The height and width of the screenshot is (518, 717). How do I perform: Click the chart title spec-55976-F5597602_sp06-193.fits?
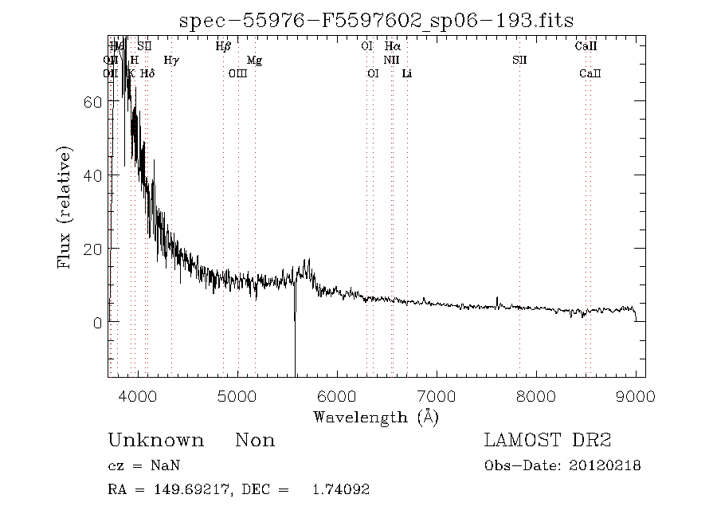pyautogui.click(x=377, y=21)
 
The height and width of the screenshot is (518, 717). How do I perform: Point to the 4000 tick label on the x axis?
pyautogui.click(x=138, y=395)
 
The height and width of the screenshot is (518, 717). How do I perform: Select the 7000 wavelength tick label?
pyautogui.click(x=437, y=395)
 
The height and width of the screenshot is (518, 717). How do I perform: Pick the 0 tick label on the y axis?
pyautogui.click(x=98, y=323)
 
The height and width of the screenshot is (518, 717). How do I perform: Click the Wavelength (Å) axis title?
pyautogui.click(x=376, y=417)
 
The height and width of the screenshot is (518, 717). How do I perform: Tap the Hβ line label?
pyautogui.click(x=223, y=46)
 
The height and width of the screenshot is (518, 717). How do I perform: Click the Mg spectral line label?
pyautogui.click(x=254, y=60)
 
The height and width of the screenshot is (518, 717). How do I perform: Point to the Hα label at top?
pyautogui.click(x=392, y=46)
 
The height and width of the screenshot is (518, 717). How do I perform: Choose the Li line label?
pyautogui.click(x=407, y=73)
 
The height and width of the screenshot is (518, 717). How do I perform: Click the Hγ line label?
pyautogui.click(x=171, y=60)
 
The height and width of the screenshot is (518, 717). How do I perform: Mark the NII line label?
pyautogui.click(x=391, y=60)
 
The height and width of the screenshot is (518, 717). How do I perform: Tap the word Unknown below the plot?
pyautogui.click(x=155, y=441)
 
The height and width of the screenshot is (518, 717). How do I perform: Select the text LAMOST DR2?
pyautogui.click(x=547, y=441)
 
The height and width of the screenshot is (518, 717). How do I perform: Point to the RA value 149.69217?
pyautogui.click(x=182, y=490)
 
